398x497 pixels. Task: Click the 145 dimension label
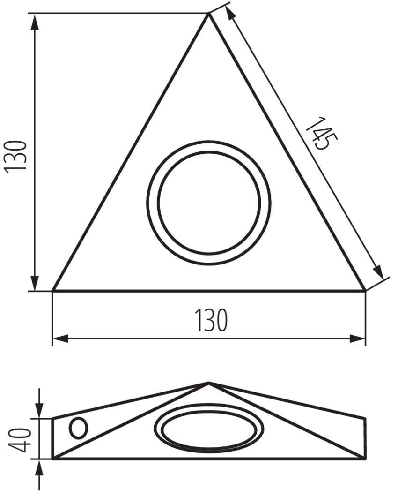[321, 134]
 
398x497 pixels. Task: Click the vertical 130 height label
[15, 157]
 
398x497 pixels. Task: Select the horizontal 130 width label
[211, 320]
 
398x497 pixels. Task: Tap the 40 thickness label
[20, 440]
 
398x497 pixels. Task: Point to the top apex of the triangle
[208, 13]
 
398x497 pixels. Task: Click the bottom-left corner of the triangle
[53, 290]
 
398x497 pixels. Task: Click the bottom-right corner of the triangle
[365, 290]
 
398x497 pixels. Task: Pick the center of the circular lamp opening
[209, 203]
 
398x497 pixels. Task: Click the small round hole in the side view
[78, 428]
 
